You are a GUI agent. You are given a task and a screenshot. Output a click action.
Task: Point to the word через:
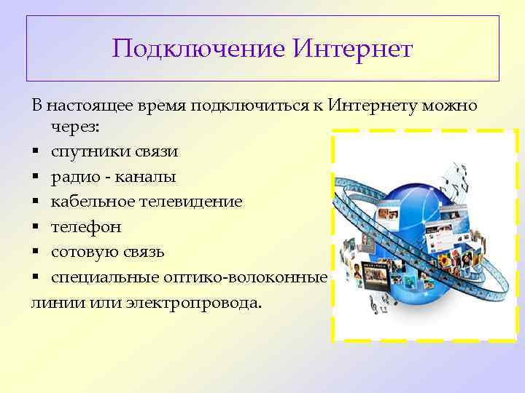(x=77, y=127)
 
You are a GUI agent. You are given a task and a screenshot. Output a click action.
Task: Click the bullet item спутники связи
(x=114, y=152)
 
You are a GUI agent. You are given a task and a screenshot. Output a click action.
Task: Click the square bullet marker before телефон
(x=35, y=227)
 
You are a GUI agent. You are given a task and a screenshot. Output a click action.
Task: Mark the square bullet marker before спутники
(x=35, y=153)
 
